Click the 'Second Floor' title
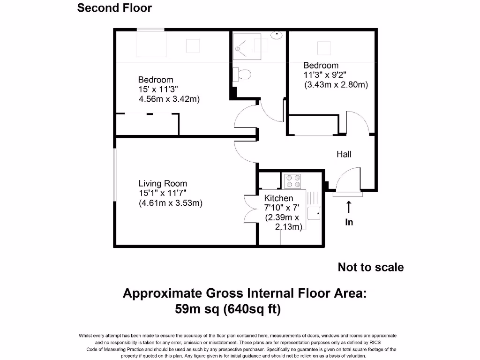(114, 8)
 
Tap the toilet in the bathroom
(243, 74)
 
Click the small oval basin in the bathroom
(278, 35)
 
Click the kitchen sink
(314, 213)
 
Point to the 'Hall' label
(344, 154)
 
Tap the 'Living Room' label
(163, 184)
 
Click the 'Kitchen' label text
(278, 198)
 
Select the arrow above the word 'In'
(349, 207)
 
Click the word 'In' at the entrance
(349, 222)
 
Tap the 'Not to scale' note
(370, 267)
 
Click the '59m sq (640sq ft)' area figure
(228, 309)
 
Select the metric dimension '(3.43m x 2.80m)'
(336, 85)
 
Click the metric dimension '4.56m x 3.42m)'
(169, 99)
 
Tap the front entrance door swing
(346, 181)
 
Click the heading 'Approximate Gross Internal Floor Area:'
(244, 293)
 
